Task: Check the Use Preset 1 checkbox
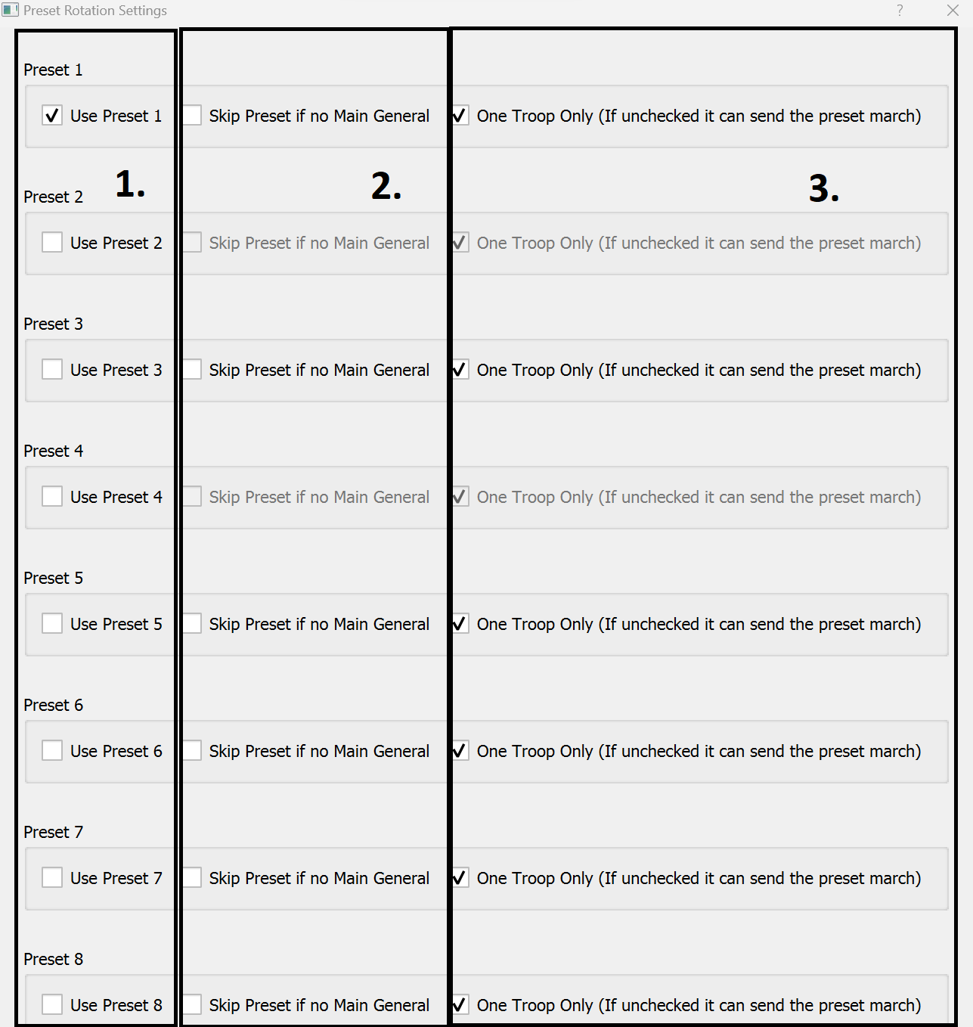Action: pyautogui.click(x=52, y=116)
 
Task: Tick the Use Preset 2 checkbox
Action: pyautogui.click(x=52, y=243)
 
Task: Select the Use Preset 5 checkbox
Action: pyautogui.click(x=52, y=624)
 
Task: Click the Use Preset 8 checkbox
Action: pyautogui.click(x=52, y=1004)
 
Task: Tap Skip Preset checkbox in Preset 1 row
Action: pyautogui.click(x=192, y=116)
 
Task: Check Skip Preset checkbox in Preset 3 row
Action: pyautogui.click(x=192, y=370)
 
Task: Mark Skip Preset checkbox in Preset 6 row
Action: pyautogui.click(x=192, y=751)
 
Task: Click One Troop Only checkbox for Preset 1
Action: pyautogui.click(x=459, y=116)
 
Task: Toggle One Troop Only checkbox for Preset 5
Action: pyautogui.click(x=459, y=624)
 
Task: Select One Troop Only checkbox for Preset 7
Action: pyautogui.click(x=459, y=878)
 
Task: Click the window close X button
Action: pyautogui.click(x=953, y=10)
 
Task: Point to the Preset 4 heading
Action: pyautogui.click(x=53, y=451)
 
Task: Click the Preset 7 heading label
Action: pyautogui.click(x=53, y=832)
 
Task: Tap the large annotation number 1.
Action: pyautogui.click(x=129, y=185)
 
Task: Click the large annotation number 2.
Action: pyautogui.click(x=386, y=186)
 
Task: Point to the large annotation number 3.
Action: pyautogui.click(x=823, y=188)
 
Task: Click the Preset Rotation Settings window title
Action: pyautogui.click(x=95, y=11)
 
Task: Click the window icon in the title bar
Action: pyautogui.click(x=10, y=10)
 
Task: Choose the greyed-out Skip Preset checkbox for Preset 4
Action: pyautogui.click(x=192, y=497)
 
